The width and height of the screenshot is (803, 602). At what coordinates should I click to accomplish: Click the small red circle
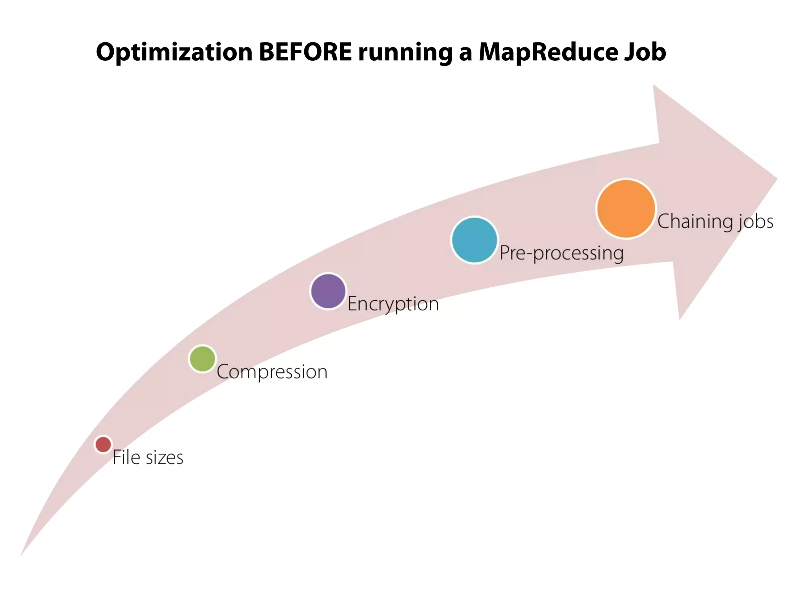[103, 444]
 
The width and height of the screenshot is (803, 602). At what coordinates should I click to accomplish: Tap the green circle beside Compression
[202, 359]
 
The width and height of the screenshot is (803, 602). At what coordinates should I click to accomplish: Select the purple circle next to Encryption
[328, 291]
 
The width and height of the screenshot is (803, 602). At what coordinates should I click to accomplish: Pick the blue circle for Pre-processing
[474, 240]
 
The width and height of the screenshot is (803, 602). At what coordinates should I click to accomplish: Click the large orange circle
[626, 209]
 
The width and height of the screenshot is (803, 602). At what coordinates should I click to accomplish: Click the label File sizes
[148, 457]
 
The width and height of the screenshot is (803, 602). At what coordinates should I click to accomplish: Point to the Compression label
[272, 372]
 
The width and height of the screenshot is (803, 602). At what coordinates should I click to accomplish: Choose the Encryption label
[393, 304]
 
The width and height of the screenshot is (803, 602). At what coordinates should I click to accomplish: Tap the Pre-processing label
[561, 253]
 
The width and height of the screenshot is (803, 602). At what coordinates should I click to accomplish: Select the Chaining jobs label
[715, 221]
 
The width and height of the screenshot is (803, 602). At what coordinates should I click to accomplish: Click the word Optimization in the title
[174, 53]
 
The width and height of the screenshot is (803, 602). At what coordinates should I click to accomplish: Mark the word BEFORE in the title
[305, 52]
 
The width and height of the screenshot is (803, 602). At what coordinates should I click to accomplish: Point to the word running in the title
[405, 53]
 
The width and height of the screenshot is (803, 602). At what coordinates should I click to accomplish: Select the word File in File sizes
[126, 457]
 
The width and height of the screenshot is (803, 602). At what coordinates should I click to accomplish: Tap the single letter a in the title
[465, 54]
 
